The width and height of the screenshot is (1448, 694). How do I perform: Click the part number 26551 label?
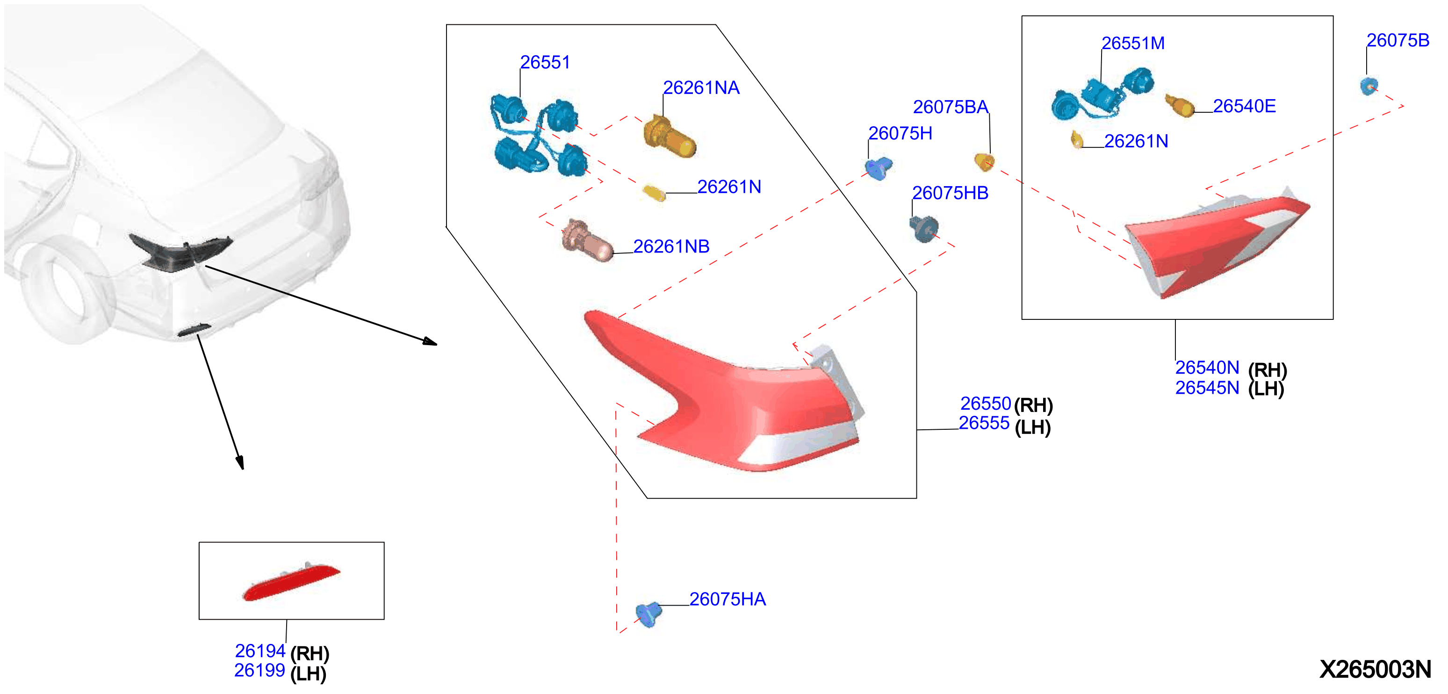[x=545, y=62]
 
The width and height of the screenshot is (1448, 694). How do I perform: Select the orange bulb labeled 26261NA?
[x=670, y=137]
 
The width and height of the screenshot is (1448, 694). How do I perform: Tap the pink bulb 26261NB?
[x=587, y=241]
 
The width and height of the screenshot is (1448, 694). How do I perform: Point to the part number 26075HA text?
[x=728, y=599]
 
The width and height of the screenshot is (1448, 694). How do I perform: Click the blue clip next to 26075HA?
[x=648, y=614]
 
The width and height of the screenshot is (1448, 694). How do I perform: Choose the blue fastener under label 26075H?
[x=878, y=167]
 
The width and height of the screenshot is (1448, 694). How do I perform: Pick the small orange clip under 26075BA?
[x=984, y=162]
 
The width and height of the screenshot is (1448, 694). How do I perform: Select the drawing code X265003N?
[x=1375, y=669]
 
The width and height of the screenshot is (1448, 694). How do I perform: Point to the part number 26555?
[x=984, y=423]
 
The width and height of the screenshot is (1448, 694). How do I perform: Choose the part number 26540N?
[x=1207, y=368]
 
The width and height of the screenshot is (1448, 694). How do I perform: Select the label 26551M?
[x=1133, y=43]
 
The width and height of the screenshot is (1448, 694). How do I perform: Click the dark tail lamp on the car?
[x=180, y=253]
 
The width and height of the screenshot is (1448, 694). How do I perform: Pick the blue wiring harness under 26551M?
[x=1102, y=94]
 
